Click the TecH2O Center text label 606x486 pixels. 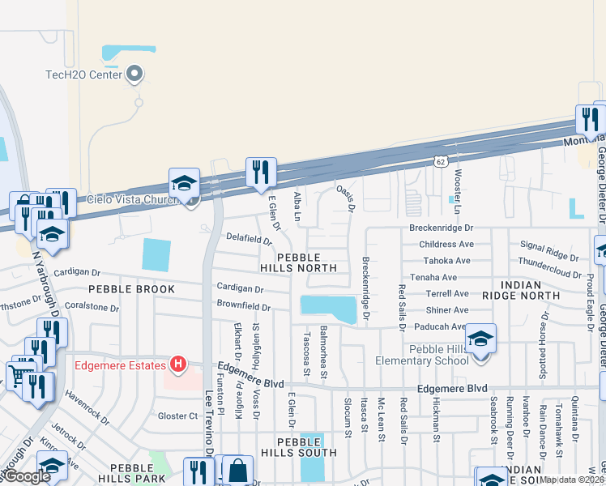click(83, 75)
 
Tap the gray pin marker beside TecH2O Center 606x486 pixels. click(135, 75)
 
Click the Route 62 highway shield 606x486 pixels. click(439, 162)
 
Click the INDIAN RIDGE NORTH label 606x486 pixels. click(531, 292)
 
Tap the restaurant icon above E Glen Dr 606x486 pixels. click(261, 173)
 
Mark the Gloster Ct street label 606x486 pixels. click(177, 416)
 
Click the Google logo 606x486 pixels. click(27, 476)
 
